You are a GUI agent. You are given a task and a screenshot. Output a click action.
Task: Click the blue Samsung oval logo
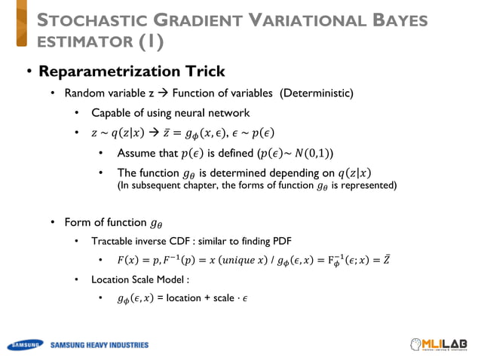pos(25,346)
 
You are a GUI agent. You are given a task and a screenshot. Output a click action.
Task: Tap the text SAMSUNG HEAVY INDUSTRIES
pos(100,346)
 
